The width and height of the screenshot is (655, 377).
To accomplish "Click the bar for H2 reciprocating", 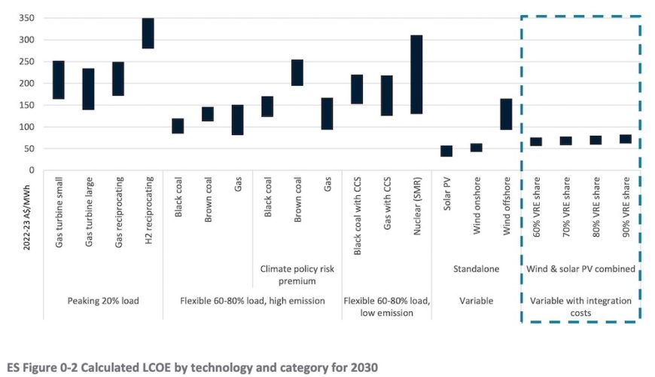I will tap(148, 33).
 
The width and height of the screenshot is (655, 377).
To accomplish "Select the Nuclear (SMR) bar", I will tap(416, 74).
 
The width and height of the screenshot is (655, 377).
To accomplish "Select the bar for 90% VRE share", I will tap(625, 139).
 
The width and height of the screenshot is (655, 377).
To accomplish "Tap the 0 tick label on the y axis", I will tap(30, 170).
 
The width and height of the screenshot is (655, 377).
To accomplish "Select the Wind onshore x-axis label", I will tap(477, 215).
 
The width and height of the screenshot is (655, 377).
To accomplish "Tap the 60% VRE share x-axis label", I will tap(536, 216).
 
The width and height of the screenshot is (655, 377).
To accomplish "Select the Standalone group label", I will tap(476, 267).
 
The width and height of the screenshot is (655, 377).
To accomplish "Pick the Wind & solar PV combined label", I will tap(580, 267).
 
